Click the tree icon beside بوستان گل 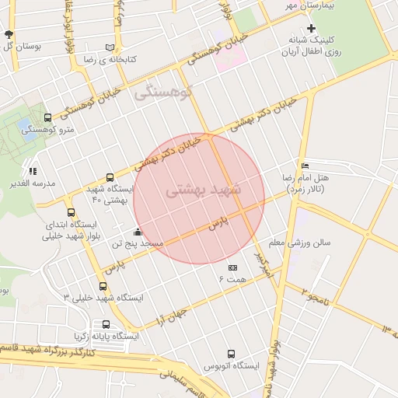pos(9,35)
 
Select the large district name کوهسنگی pos(161,94)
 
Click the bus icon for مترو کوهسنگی pos(49,118)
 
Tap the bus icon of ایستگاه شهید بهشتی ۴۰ pos(109,177)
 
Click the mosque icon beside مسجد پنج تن pos(138,232)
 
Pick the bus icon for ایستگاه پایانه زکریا pos(106,325)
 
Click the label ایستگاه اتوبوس pos(231,365)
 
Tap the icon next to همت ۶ pos(232,267)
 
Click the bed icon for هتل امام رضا pos(305,166)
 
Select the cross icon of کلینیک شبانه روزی pos(312,28)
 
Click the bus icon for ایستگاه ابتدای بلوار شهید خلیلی pos(72,212)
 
